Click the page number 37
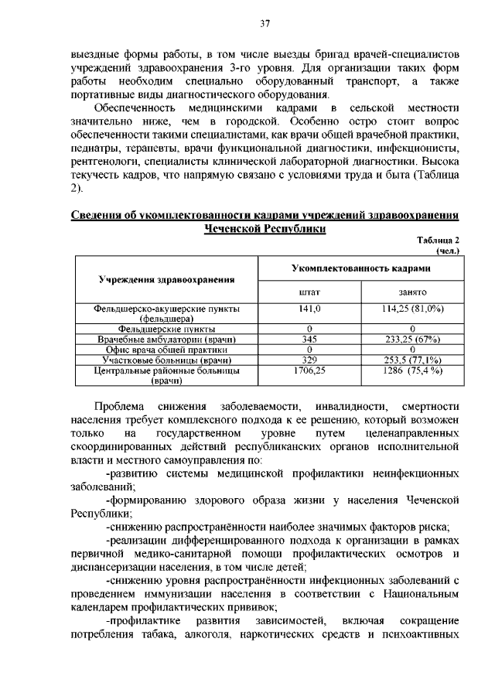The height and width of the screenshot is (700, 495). click(x=264, y=23)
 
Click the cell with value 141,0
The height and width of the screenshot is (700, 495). click(x=309, y=309)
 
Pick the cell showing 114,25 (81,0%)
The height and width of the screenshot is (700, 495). click(x=411, y=309)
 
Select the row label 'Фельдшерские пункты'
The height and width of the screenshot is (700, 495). click(x=166, y=329)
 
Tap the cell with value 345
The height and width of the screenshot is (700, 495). click(x=309, y=340)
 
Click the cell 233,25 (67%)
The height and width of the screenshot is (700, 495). click(x=411, y=340)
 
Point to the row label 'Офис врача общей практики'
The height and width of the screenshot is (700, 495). click(x=166, y=350)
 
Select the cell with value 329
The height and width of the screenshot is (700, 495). click(x=309, y=360)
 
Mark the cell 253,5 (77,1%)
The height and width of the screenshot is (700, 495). click(x=411, y=360)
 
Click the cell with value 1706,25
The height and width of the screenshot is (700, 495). click(x=309, y=370)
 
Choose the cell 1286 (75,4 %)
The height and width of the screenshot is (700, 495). click(x=411, y=370)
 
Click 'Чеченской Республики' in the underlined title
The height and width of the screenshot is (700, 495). click(x=265, y=229)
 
